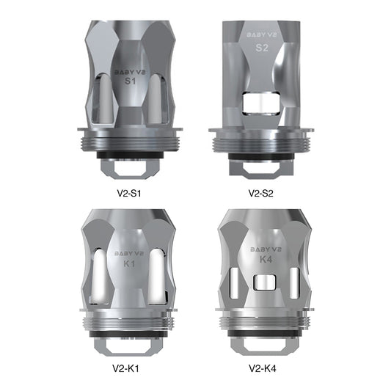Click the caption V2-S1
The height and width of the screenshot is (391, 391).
pyautogui.click(x=130, y=194)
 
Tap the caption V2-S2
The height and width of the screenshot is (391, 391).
pyautogui.click(x=262, y=194)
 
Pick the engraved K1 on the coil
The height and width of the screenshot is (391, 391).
pyautogui.click(x=129, y=262)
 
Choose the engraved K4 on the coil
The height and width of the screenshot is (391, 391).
pyautogui.click(x=262, y=260)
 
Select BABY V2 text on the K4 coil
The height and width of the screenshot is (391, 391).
pyautogui.click(x=262, y=249)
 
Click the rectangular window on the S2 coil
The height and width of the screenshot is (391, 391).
pyautogui.click(x=262, y=103)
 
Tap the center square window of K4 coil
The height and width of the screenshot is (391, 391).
pyautogui.click(x=262, y=282)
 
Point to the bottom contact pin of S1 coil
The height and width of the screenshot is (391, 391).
pyautogui.click(x=129, y=167)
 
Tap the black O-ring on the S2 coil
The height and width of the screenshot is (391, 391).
pyautogui.click(x=262, y=156)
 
